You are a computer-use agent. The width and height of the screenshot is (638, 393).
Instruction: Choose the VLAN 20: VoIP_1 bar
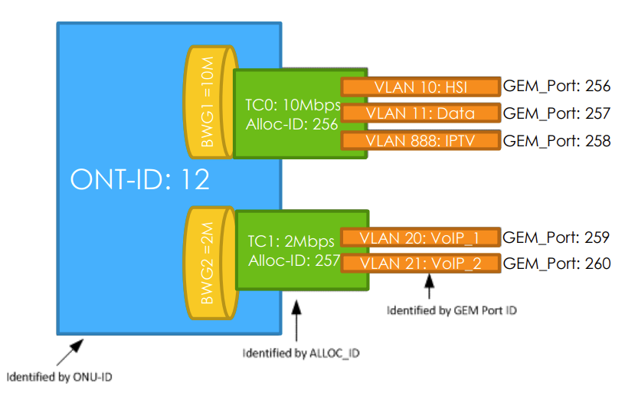(x=419, y=237)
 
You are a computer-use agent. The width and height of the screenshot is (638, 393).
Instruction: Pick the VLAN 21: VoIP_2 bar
(x=419, y=264)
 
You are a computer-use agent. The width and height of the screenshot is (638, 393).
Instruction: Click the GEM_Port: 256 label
(x=556, y=87)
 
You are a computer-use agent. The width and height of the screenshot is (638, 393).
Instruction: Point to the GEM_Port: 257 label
(x=556, y=113)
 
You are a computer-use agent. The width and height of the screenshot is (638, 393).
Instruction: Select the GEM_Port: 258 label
(x=556, y=141)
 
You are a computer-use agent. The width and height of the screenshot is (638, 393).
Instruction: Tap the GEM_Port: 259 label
(x=556, y=237)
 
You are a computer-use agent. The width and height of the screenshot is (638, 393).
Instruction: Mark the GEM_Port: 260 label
(x=556, y=264)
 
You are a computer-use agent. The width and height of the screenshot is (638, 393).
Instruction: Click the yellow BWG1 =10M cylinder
(x=208, y=103)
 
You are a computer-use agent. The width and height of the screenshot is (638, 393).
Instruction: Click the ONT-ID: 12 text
(x=139, y=180)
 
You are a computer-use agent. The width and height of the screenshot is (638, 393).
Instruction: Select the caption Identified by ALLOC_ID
(x=300, y=353)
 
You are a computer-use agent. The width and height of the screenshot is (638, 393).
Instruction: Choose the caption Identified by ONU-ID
(x=64, y=377)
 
